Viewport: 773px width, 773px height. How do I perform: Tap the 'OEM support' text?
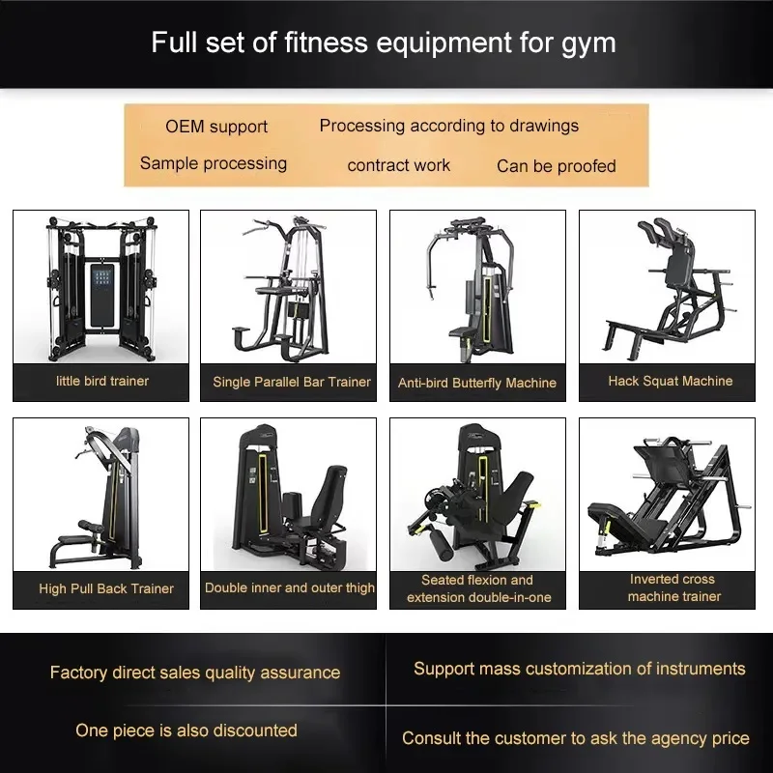coord(216,127)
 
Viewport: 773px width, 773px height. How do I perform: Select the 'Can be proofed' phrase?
coord(556,166)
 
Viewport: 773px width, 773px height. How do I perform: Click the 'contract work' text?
coord(398,165)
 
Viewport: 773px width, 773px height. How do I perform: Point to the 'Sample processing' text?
coord(214,163)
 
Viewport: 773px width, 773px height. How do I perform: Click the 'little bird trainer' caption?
coord(102,381)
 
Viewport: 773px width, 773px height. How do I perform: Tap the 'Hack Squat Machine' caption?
coord(670,381)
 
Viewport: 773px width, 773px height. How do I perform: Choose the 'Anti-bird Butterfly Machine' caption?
coord(477,383)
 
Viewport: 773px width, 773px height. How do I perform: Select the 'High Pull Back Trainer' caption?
coord(106,588)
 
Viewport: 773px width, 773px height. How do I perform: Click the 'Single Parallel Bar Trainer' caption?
coord(292,382)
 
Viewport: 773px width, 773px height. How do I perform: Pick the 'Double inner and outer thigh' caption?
coord(290,587)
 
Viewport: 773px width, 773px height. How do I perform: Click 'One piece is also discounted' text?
coord(186,730)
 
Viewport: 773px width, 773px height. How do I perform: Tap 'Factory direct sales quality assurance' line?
coord(195,672)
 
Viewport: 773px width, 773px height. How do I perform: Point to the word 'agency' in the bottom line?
coord(663,738)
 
